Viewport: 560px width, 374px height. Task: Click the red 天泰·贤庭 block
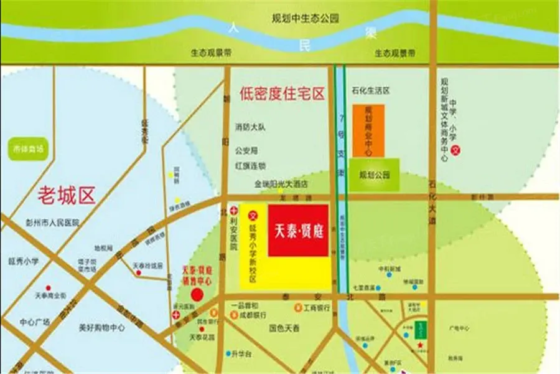[x=298, y=229]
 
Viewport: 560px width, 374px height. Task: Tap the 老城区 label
[x=67, y=195]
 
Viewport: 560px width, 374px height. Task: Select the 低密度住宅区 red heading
[x=282, y=94]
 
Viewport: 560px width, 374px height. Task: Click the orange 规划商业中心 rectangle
[x=368, y=130]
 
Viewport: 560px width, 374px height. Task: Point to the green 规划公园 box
[x=374, y=175]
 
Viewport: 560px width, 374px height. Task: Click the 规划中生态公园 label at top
[x=305, y=19]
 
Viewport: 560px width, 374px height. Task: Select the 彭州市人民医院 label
[x=52, y=223]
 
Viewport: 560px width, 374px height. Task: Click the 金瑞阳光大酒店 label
[x=281, y=185]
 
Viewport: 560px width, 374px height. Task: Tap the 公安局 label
[x=246, y=151]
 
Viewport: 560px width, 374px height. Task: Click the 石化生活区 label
[x=370, y=90]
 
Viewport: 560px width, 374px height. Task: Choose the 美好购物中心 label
[x=102, y=327]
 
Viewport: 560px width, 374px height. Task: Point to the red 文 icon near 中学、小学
[x=455, y=150]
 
